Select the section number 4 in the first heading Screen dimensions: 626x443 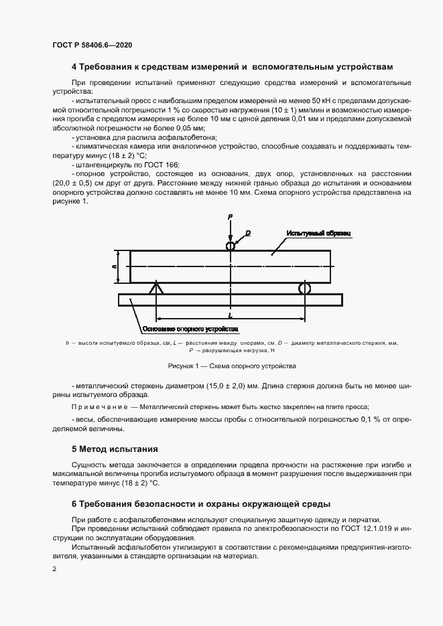(x=74, y=68)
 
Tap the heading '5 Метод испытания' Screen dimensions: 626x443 (x=115, y=449)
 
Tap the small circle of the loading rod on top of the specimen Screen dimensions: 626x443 (x=231, y=246)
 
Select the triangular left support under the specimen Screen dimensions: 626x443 (x=156, y=289)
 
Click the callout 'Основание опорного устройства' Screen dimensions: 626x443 (x=190, y=330)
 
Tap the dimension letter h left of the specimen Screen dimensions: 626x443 (x=115, y=266)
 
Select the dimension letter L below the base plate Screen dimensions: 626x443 (x=230, y=314)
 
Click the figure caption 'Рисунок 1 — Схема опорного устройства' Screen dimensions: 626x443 (x=231, y=366)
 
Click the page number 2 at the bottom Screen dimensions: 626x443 (x=54, y=568)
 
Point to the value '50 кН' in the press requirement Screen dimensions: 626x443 (x=286, y=100)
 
